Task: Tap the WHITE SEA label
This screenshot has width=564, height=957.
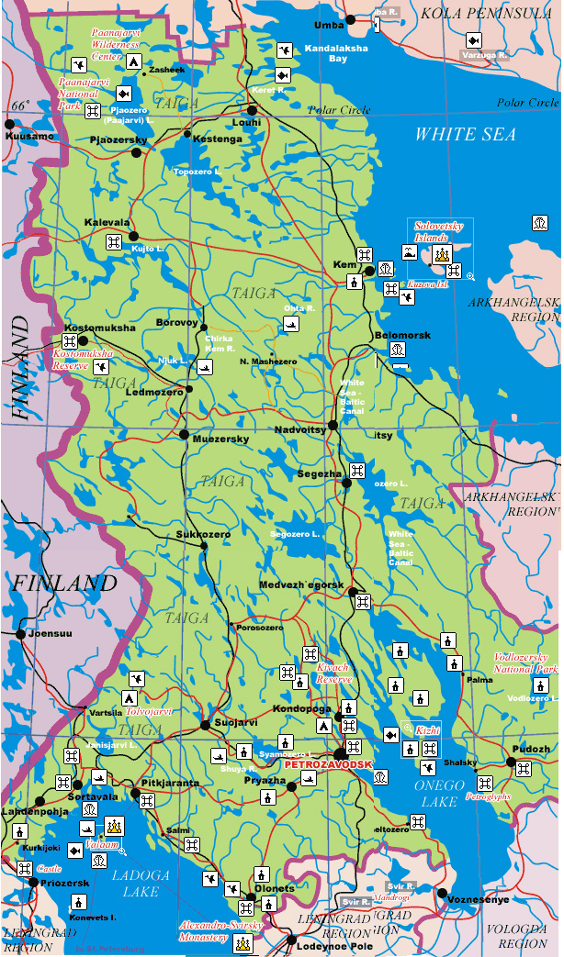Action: (x=465, y=135)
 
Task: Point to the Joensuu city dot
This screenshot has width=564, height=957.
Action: (x=19, y=634)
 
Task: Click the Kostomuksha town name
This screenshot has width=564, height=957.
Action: (x=100, y=328)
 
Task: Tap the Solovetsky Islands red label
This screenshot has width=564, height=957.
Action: (x=439, y=231)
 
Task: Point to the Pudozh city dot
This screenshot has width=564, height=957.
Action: (x=512, y=762)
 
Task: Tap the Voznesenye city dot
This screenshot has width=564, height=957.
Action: (x=442, y=892)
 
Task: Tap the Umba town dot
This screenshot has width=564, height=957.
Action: (x=349, y=19)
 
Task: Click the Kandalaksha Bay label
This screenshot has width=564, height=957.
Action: (x=336, y=51)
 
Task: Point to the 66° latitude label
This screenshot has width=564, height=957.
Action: (x=21, y=104)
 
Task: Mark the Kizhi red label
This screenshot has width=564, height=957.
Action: (x=428, y=729)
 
